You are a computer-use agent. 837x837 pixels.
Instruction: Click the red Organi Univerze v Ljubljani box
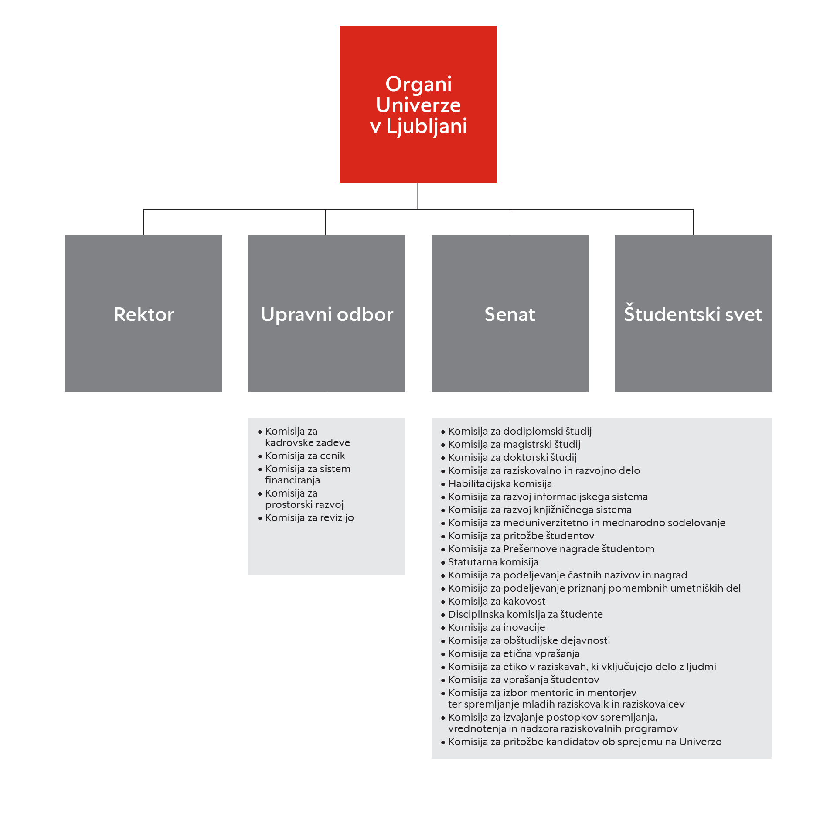418,105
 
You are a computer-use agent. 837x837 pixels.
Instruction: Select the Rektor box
144,314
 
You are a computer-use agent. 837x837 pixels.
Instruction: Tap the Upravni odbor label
327,315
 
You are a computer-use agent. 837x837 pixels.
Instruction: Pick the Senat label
510,314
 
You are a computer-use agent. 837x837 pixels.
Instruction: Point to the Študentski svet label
693,313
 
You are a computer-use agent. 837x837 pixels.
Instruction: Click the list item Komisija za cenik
305,456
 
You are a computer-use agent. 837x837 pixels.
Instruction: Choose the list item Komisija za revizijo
310,517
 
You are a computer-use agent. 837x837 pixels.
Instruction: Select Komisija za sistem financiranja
308,474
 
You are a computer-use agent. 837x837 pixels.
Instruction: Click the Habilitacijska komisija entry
500,483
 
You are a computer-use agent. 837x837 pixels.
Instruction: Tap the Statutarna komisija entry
493,562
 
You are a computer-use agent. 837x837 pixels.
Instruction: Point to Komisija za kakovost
497,601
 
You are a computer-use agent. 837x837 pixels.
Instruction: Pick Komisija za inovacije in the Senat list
497,627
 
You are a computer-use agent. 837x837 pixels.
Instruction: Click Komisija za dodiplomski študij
520,431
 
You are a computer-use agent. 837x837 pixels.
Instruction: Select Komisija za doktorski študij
512,457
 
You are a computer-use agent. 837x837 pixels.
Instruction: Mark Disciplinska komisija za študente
525,614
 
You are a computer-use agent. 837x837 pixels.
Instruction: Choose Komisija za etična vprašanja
514,653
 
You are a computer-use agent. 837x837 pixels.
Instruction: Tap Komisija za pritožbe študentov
521,536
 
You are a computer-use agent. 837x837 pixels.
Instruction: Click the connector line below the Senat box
510,405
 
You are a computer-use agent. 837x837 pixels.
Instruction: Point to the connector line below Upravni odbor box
327,405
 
